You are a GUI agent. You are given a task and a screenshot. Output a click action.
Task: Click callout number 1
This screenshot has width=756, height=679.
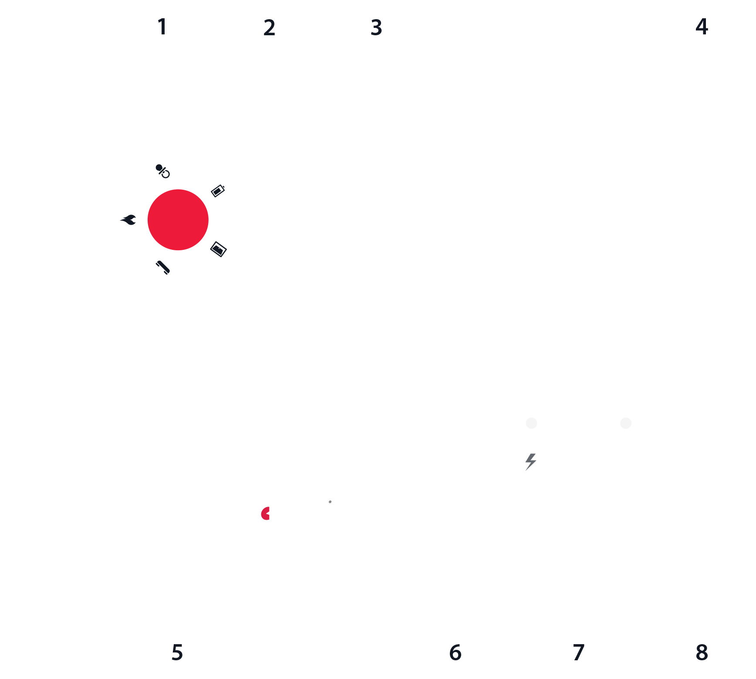(x=162, y=27)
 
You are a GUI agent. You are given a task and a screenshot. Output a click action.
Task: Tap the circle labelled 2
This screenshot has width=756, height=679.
(x=269, y=27)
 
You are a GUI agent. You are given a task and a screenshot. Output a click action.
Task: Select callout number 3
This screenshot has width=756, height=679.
(x=376, y=27)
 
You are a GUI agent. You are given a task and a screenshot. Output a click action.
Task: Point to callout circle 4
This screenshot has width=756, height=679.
(x=702, y=27)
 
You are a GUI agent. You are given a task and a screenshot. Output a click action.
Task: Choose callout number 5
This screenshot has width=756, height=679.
(x=177, y=652)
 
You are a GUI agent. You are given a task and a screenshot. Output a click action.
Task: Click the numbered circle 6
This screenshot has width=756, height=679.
(x=455, y=652)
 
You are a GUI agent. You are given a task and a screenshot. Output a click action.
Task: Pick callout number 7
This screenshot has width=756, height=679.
(x=578, y=652)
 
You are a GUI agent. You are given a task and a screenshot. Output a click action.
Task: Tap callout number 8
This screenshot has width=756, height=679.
(x=702, y=652)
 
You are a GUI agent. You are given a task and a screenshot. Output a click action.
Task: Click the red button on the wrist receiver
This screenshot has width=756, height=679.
(x=178, y=220)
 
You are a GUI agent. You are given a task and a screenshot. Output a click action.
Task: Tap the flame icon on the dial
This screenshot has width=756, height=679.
(x=128, y=220)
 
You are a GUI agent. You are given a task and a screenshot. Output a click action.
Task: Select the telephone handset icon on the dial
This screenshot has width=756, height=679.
(x=162, y=267)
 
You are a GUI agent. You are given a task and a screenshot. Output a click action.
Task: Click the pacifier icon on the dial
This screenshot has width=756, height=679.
(x=162, y=171)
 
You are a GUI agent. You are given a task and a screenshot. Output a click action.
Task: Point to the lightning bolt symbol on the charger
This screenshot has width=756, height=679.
(x=530, y=462)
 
